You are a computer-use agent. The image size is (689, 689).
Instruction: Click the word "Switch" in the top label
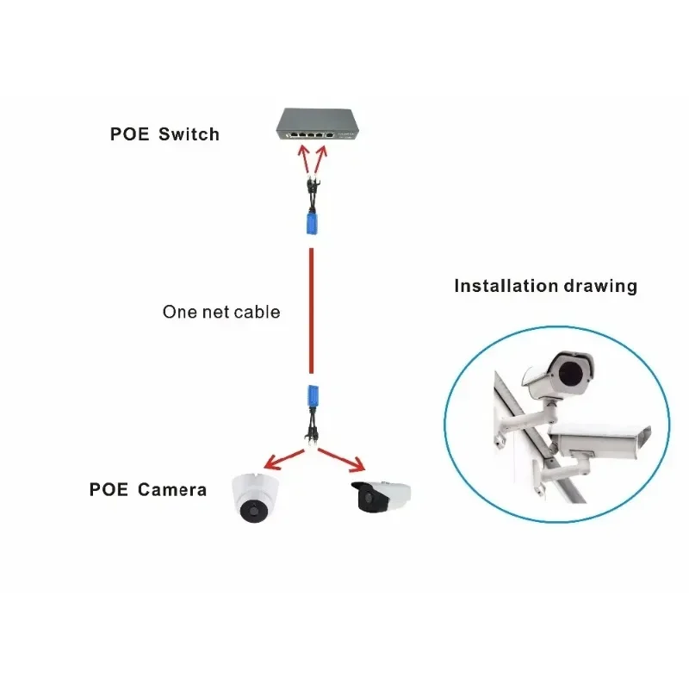point(189,134)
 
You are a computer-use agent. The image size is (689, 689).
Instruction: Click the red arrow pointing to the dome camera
point(282,456)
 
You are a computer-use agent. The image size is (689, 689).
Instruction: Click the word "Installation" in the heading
point(507,286)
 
